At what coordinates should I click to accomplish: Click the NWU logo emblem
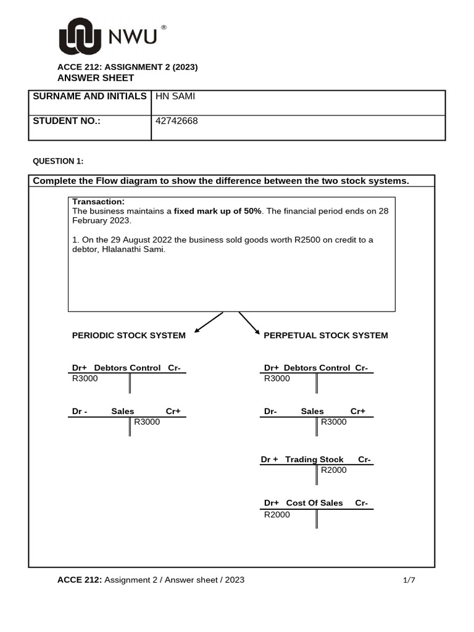pyautogui.click(x=80, y=36)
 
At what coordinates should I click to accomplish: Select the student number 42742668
pyautogui.click(x=177, y=121)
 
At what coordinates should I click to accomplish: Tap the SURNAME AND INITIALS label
pyautogui.click(x=89, y=96)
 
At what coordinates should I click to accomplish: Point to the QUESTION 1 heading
pyautogui.click(x=57, y=162)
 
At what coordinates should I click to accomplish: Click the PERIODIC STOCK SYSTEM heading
pyautogui.click(x=128, y=335)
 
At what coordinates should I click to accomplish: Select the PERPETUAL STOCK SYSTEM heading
pyautogui.click(x=326, y=335)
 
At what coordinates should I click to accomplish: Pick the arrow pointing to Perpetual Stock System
pyautogui.click(x=249, y=323)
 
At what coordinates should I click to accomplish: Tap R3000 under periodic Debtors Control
pyautogui.click(x=85, y=378)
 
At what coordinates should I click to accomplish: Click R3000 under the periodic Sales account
pyautogui.click(x=147, y=422)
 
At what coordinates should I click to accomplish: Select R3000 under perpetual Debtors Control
pyautogui.click(x=276, y=378)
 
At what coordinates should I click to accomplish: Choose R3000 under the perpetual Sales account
pyautogui.click(x=334, y=422)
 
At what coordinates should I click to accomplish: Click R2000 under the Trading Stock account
pyautogui.click(x=334, y=470)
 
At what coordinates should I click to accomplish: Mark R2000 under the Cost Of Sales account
pyautogui.click(x=276, y=515)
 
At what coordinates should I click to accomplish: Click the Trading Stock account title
pyautogui.click(x=314, y=459)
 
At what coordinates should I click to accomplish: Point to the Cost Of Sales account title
pyautogui.click(x=314, y=503)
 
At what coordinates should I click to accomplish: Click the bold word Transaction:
pyautogui.click(x=98, y=202)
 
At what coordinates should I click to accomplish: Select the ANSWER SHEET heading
pyautogui.click(x=95, y=78)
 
